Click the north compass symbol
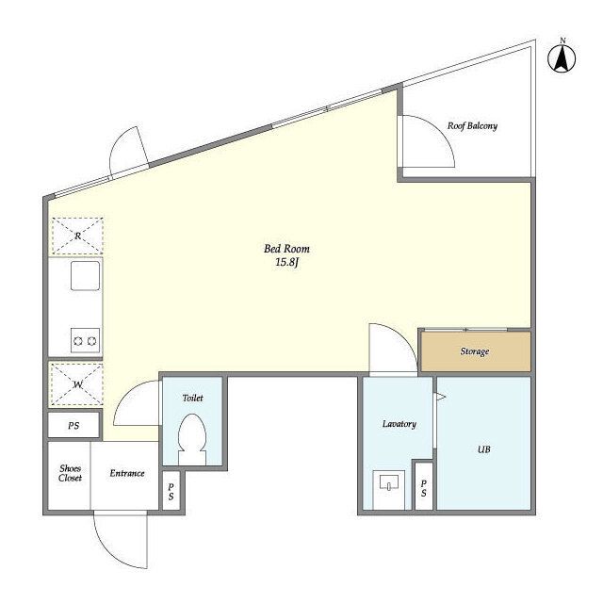562,57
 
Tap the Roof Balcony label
472,125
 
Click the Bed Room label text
286,249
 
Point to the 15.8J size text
286,263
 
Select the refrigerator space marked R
77,236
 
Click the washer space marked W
77,384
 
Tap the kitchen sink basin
85,276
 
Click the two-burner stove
85,341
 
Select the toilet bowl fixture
192,439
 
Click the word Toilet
192,398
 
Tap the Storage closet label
475,351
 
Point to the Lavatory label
399,424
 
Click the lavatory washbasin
389,484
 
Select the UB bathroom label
483,449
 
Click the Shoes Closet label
70,473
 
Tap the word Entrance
127,473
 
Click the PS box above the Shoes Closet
73,425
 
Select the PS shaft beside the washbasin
423,487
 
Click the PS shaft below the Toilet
171,492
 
